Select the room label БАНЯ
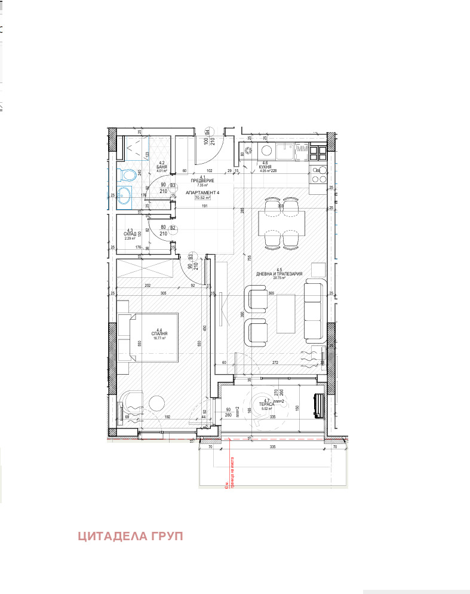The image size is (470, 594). tap(161, 167)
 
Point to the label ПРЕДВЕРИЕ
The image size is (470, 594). tap(202, 181)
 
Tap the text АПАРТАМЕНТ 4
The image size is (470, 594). tap(203, 192)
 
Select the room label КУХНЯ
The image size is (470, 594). tap(266, 167)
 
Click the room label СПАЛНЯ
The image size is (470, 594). tap(159, 333)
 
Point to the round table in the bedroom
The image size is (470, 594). tap(158, 404)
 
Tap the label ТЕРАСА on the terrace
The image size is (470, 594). tap(266, 405)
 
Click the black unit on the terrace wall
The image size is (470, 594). tap(318, 406)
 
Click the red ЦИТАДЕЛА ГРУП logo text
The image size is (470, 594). tap(130, 536)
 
